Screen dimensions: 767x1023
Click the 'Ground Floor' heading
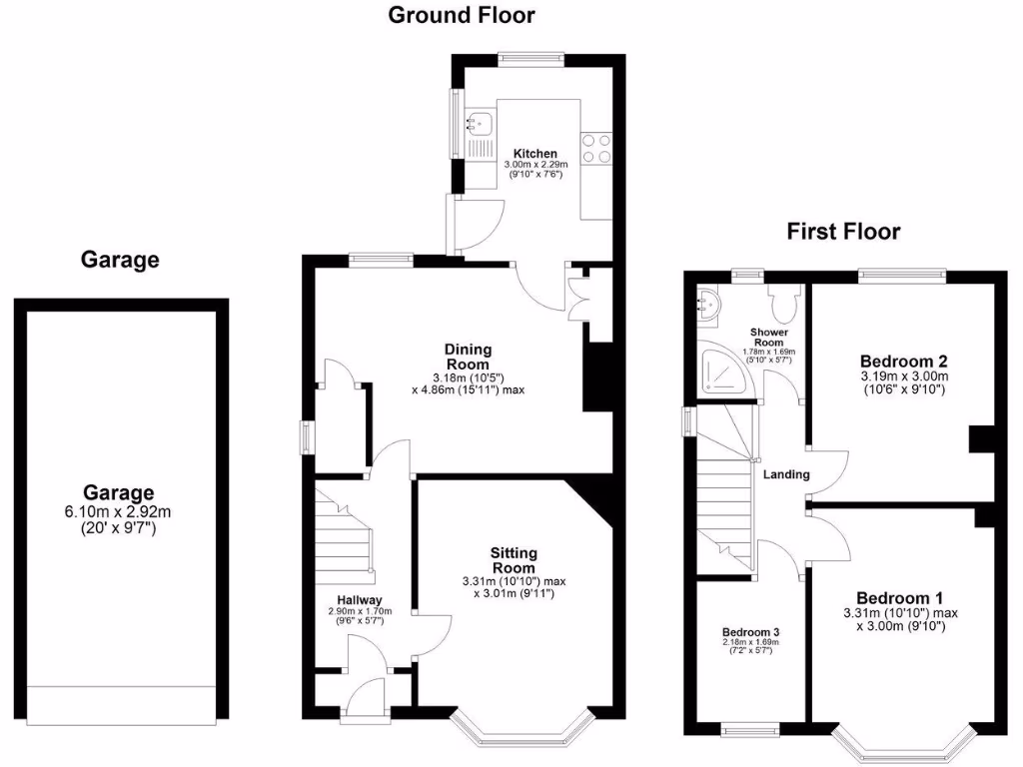pyautogui.click(x=461, y=15)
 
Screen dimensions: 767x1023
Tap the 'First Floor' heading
pyautogui.click(x=843, y=232)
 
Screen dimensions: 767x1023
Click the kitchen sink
pyautogui.click(x=479, y=124)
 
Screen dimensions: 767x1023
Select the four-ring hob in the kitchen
pyautogui.click(x=597, y=148)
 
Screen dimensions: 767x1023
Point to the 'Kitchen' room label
pyautogui.click(x=534, y=154)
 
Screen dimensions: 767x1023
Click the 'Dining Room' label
pyautogui.click(x=468, y=357)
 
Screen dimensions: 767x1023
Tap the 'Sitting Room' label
pyautogui.click(x=513, y=560)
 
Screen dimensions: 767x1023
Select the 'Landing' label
pyautogui.click(x=786, y=474)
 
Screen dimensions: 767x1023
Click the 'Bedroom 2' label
pyautogui.click(x=903, y=362)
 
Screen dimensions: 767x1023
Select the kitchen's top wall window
pyautogui.click(x=530, y=58)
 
